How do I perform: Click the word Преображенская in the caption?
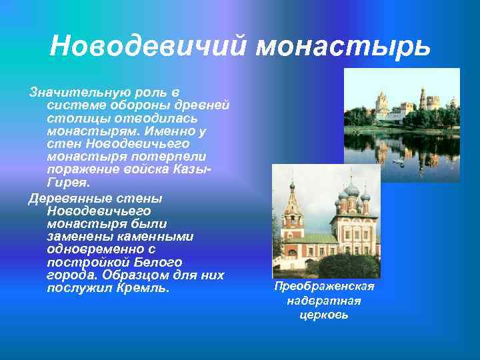(325, 287)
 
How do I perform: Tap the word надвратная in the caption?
(325, 301)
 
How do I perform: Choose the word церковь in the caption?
(325, 314)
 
